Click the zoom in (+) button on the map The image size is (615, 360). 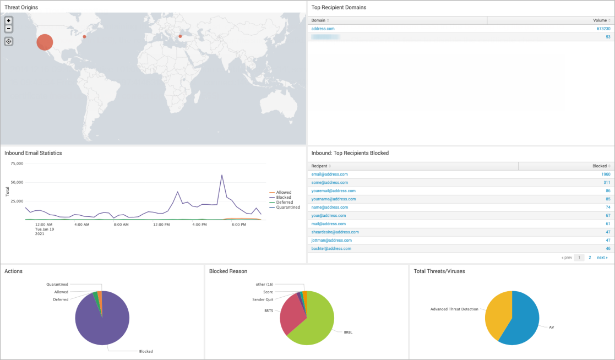coord(9,20)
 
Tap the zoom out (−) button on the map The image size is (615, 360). coord(9,28)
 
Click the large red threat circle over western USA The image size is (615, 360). coord(45,42)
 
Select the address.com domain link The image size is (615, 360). coord(323,29)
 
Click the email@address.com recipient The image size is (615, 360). coord(329,174)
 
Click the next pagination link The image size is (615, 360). coord(602,258)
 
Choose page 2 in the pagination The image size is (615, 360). coord(590,258)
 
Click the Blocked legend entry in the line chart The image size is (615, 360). coord(284,198)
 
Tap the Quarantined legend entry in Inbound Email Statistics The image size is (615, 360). coord(288,208)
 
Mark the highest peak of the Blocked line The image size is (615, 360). coord(221,175)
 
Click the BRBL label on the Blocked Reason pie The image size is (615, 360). coord(348,332)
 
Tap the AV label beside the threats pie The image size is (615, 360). coord(551,327)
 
